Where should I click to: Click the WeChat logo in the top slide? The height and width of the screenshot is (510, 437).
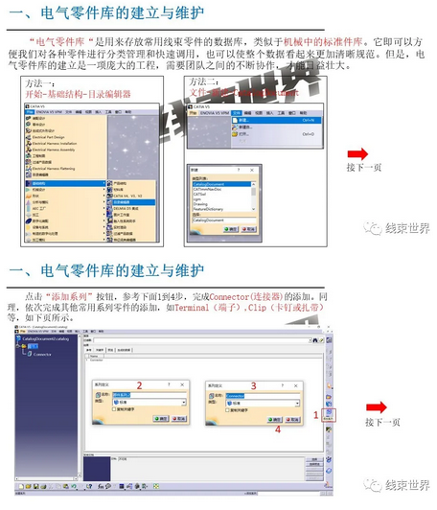tap(369, 228)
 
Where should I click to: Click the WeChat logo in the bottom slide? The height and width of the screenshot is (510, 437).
tap(369, 485)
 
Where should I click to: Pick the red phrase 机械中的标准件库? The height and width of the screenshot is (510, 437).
tap(324, 43)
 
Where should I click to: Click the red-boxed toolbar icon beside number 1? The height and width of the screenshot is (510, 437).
tap(329, 418)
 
